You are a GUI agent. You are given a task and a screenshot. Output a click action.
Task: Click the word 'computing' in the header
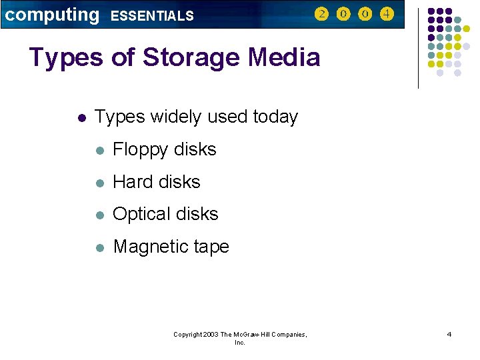51,15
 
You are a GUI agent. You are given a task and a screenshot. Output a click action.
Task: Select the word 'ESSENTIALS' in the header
152,15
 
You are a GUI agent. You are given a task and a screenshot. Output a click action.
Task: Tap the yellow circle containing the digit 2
321,14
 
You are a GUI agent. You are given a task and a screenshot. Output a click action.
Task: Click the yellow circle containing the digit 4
386,14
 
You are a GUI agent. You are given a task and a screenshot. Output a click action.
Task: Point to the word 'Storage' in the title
190,58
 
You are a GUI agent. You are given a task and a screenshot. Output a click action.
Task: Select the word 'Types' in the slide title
66,58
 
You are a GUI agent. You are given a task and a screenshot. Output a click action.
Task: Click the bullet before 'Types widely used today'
81,118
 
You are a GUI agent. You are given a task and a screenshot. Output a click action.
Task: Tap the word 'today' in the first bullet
275,117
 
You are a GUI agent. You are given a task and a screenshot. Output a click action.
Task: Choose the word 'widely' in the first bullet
177,117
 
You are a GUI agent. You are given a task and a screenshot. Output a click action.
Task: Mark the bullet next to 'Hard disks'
99,182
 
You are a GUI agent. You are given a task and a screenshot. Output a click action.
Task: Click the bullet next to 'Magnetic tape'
99,247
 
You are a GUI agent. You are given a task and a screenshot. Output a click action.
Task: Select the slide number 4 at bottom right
449,334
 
